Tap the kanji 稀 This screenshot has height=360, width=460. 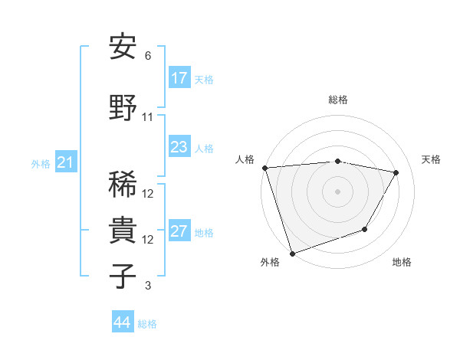pos(123,183)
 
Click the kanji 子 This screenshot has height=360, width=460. pos(123,275)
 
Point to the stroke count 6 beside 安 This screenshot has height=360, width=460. pos(148,56)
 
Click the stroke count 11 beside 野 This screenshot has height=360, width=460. pos(148,117)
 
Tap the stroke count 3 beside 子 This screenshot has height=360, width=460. pos(148,286)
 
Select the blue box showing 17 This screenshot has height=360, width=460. pos(179,77)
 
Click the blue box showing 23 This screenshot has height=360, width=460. pos(179,147)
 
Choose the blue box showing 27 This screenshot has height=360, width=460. pos(179,231)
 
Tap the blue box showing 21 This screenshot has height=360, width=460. pos(65,162)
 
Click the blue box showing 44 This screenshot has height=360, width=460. pos(122,322)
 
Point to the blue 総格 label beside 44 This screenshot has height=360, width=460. pos(147,324)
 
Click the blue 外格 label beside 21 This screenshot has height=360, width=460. pos(41,164)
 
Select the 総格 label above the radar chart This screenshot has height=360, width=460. pos(338,100)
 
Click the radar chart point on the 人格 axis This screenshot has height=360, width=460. pos(264,168)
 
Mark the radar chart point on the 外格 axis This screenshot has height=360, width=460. pos(292,253)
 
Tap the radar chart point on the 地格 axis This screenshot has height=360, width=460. pos(365,229)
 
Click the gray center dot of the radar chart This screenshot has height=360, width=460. pos(337,191)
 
